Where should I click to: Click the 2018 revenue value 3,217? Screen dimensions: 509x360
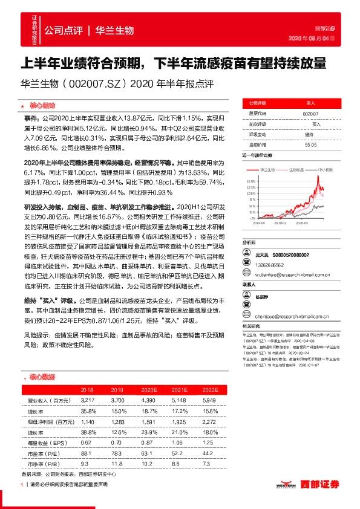coord(88,401)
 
